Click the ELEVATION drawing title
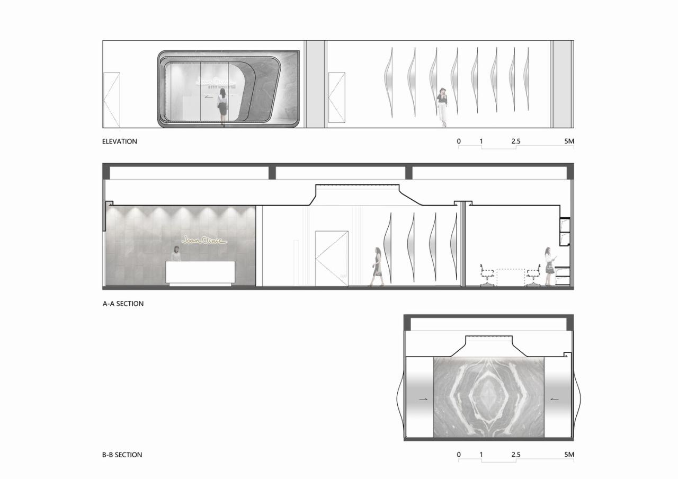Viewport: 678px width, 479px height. click(120, 141)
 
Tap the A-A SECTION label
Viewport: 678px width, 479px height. click(123, 304)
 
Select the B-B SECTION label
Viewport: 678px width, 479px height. click(122, 455)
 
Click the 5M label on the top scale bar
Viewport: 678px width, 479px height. click(569, 141)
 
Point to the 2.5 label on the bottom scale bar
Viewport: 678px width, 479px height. click(515, 455)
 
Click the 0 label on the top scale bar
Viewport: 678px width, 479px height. click(459, 141)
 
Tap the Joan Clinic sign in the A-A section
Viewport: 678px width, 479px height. click(204, 240)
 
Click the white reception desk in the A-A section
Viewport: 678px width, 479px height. click(200, 272)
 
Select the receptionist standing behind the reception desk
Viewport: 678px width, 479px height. click(175, 253)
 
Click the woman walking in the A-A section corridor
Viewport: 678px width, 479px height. click(377, 267)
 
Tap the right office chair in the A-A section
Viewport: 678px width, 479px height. click(533, 277)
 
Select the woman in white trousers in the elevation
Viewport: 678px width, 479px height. click(442, 107)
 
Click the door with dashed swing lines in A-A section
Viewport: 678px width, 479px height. click(332, 258)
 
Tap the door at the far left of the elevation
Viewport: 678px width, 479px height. click(112, 100)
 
